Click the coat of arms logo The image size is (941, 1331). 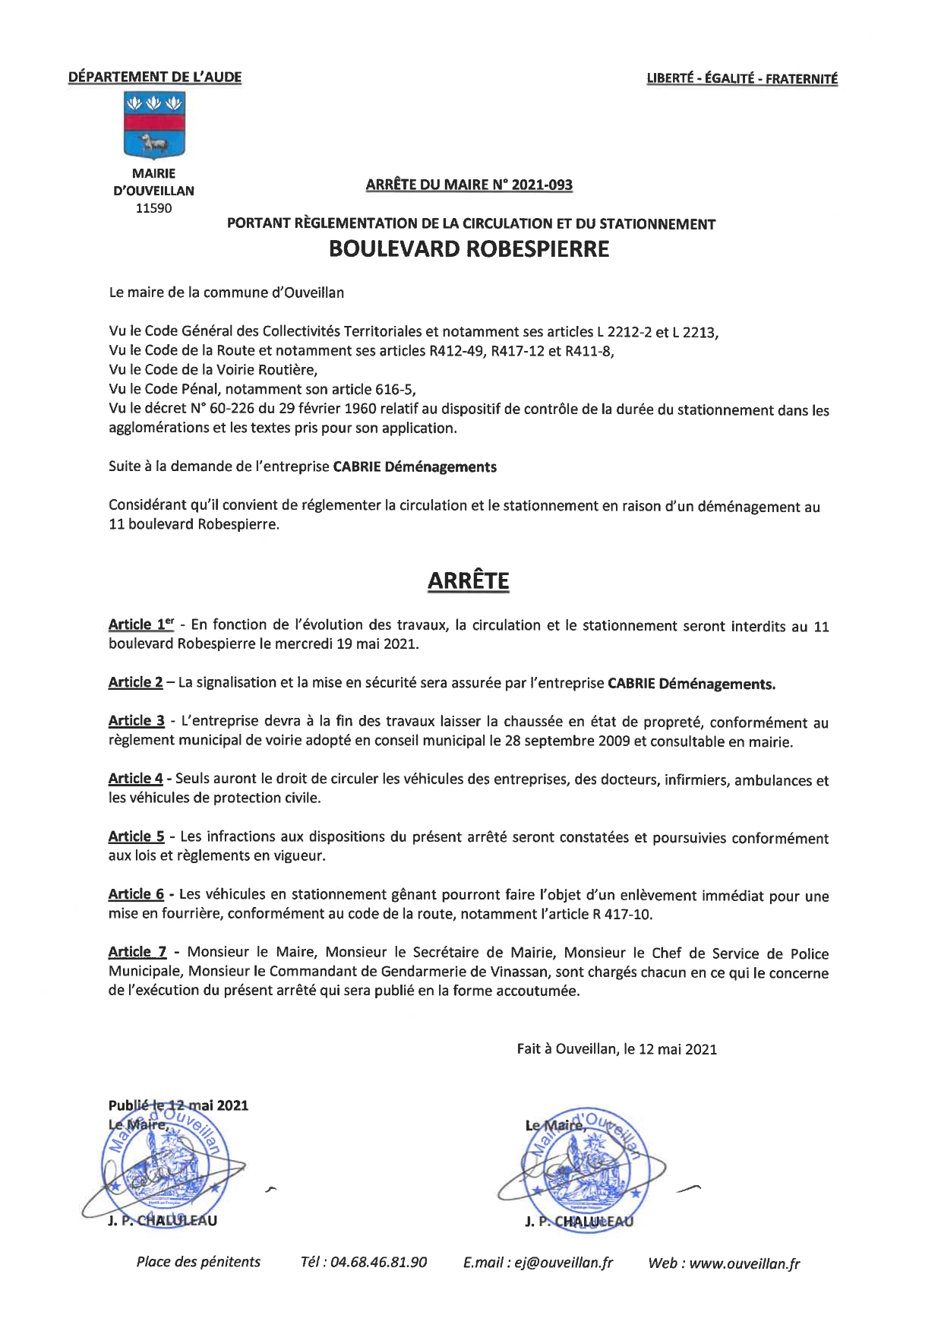tap(153, 126)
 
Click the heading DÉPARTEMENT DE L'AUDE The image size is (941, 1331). tap(155, 77)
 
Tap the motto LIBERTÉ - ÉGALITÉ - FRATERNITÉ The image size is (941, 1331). tap(742, 78)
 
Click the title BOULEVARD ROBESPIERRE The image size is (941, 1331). tap(469, 249)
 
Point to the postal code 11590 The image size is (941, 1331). tap(153, 208)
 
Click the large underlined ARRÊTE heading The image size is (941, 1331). tap(468, 580)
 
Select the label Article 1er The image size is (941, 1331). tap(141, 624)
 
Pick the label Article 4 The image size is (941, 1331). tap(135, 778)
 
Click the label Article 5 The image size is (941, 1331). tap(136, 836)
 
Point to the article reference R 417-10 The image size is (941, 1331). tap(621, 914)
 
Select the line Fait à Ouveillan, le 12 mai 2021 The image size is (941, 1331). tap(617, 1049)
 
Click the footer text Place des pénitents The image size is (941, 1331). tap(198, 1262)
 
